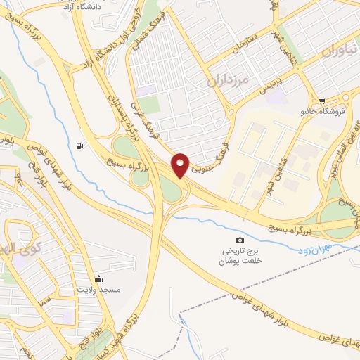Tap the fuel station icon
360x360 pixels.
tap(78, 146)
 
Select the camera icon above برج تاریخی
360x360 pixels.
tap(240, 240)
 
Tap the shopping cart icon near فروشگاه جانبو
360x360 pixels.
tap(322, 101)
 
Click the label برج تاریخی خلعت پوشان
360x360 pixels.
tap(240, 255)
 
